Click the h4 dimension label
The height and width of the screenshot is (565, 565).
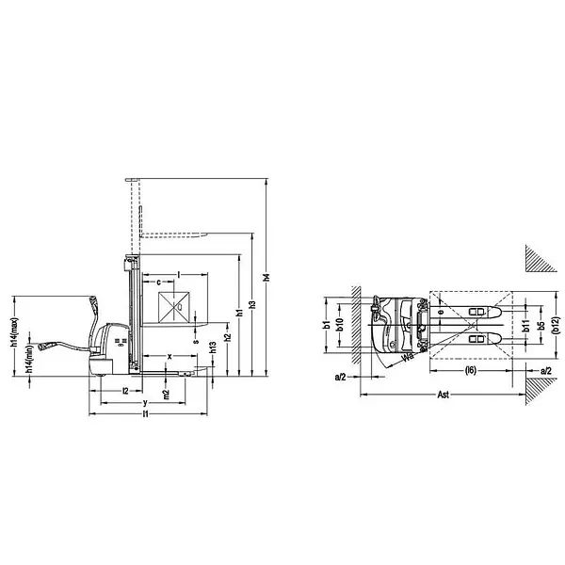pos(266,279)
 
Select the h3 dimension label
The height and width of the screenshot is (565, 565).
pos(251,311)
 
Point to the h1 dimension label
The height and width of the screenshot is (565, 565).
pos(239,311)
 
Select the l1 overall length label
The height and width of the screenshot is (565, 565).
pos(145,414)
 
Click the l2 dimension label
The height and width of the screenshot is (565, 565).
pos(125,390)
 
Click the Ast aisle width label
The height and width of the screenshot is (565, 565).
pos(441,395)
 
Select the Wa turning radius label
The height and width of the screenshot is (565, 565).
pos(407,358)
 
